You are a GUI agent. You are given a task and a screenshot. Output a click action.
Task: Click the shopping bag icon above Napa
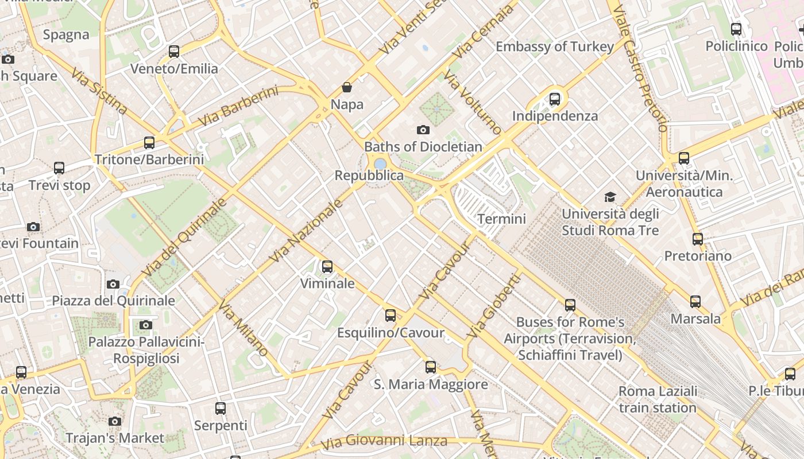click(347, 87)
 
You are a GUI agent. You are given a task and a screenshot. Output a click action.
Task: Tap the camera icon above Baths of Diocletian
click(423, 130)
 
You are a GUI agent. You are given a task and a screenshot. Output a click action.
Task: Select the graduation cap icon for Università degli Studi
click(610, 197)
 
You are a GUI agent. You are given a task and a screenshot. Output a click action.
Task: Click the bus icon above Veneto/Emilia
click(174, 52)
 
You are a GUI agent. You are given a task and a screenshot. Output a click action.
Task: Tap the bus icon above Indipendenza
click(555, 99)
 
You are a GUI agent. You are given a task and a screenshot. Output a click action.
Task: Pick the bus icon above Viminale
click(327, 266)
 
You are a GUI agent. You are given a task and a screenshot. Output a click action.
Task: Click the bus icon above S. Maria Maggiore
click(431, 367)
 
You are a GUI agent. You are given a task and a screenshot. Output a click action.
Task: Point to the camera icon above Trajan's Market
click(115, 422)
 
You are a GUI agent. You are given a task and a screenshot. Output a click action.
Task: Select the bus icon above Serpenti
click(221, 409)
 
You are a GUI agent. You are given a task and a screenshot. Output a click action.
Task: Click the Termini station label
click(501, 219)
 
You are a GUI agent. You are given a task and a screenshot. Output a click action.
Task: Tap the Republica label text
click(369, 176)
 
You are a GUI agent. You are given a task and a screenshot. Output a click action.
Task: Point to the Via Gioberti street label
click(493, 306)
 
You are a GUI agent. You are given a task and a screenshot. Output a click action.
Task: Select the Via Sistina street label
click(99, 91)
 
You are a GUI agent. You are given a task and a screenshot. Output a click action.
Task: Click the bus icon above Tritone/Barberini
click(149, 143)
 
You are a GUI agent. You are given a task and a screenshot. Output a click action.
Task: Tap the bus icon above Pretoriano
click(698, 239)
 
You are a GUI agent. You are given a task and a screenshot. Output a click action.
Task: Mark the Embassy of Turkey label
click(555, 46)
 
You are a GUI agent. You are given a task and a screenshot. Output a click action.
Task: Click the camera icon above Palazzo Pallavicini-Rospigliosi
click(146, 325)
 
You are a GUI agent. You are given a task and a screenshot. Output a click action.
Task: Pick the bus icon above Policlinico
click(736, 29)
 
